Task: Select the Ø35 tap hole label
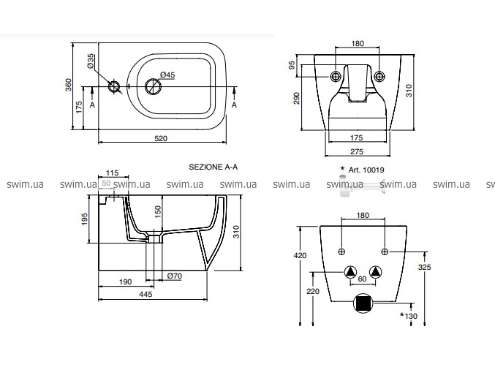click(91, 61)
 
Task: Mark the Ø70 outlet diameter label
click(174, 276)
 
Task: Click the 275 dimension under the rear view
click(356, 151)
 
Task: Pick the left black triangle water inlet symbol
click(351, 272)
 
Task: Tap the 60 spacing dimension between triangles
click(363, 279)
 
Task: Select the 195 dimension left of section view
click(85, 219)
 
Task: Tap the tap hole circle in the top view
click(114, 87)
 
